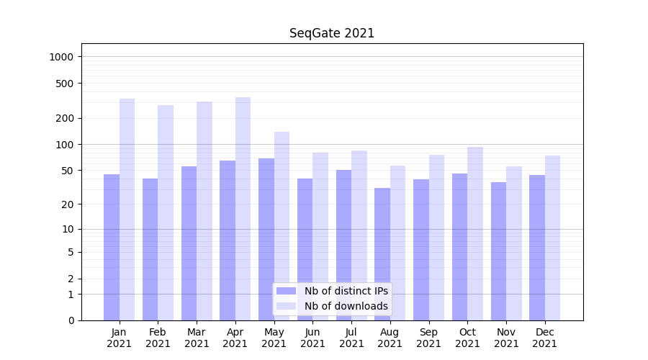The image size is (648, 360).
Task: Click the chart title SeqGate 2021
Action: click(332, 33)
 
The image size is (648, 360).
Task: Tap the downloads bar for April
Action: click(243, 209)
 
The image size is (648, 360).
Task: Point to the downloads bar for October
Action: click(475, 233)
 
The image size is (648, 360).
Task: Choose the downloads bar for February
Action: click(166, 212)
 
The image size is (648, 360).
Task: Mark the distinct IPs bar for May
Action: click(266, 239)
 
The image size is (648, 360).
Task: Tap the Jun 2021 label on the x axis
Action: click(312, 338)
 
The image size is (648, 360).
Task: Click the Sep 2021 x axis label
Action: click(428, 338)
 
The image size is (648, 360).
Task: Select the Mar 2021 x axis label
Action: click(197, 338)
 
